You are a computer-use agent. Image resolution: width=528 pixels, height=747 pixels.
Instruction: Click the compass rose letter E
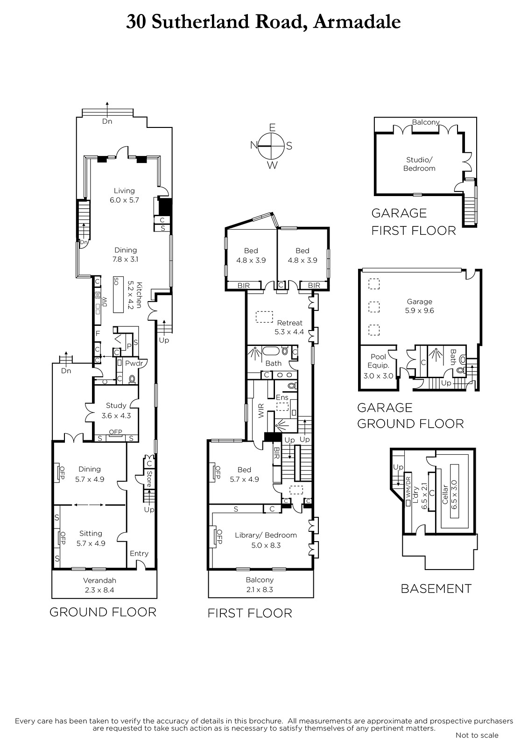coord(272,127)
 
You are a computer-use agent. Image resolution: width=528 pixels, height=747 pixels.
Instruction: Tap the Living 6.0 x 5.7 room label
coord(124,196)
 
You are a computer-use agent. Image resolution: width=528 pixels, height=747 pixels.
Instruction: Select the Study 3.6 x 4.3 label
coord(116,410)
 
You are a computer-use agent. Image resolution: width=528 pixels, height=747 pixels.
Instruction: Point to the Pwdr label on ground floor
coord(134,364)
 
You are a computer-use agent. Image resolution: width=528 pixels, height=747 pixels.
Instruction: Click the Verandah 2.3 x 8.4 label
coord(99,585)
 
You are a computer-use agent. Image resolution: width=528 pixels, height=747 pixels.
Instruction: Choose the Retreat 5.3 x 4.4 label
coord(289,327)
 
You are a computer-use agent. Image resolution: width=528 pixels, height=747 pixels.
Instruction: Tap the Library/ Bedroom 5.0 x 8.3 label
coord(266,540)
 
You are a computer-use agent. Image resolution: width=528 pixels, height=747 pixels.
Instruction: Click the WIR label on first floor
coord(261,410)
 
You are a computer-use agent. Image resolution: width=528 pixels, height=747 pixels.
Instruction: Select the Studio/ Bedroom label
coord(419,164)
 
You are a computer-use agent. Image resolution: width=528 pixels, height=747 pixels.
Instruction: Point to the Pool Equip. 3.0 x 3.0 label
coord(378,366)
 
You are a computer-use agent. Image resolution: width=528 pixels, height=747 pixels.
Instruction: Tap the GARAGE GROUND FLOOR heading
coord(411,416)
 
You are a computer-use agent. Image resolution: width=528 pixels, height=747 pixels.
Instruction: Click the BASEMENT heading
coord(436,589)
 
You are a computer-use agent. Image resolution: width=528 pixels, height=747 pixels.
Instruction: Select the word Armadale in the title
coord(357,22)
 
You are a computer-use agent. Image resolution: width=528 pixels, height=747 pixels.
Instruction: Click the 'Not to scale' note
coord(477,735)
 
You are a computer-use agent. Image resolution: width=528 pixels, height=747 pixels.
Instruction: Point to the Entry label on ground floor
coord(139,554)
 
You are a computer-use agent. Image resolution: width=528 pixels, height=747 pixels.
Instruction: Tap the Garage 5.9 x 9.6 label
coord(420,306)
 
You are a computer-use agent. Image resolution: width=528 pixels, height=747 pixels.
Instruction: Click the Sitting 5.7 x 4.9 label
coord(91,538)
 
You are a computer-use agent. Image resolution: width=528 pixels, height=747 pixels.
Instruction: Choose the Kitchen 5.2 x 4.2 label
coord(135,296)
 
